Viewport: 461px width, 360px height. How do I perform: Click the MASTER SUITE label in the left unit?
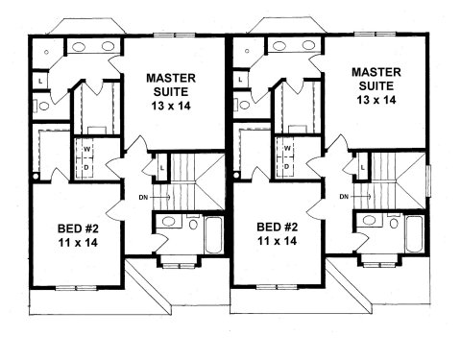pos(171,84)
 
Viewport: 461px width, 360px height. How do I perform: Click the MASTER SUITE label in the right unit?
pos(376,79)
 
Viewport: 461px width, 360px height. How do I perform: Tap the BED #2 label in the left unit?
pos(78,228)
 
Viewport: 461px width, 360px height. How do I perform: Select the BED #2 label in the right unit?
pos(278,228)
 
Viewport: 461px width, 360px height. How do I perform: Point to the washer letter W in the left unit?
pos(87,149)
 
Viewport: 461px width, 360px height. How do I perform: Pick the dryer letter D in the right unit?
pos(287,166)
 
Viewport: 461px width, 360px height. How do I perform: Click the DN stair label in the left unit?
pos(143,198)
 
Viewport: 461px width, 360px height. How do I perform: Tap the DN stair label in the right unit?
pos(344,197)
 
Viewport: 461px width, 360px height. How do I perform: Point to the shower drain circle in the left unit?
pos(46,52)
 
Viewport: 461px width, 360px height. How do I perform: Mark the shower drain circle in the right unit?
pos(247,51)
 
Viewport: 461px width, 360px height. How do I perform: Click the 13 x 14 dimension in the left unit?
pos(171,106)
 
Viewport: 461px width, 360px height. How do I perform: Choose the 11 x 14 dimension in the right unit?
pos(278,241)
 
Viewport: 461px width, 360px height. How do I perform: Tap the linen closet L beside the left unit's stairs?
pos(162,168)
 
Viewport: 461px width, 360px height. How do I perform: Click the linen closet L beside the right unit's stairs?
pos(362,167)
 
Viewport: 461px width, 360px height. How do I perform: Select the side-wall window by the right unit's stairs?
pos(429,180)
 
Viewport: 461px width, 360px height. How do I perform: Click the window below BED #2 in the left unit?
pos(76,288)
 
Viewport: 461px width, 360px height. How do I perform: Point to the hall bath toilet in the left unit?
pos(193,223)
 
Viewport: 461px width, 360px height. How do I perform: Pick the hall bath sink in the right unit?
pos(369,220)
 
